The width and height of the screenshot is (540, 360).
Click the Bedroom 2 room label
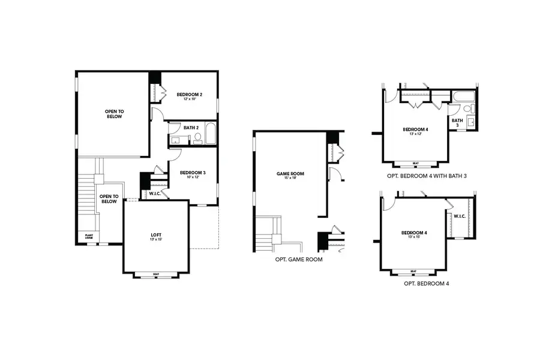(189, 94)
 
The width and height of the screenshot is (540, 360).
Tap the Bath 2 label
(191, 127)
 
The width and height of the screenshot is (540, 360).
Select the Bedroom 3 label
(193, 173)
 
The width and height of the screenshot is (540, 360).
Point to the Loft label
(155, 234)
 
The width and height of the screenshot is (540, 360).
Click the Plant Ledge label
(88, 237)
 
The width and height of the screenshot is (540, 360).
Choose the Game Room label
(290, 173)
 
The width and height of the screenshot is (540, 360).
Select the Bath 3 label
(457, 122)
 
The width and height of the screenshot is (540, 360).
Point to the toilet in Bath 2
(197, 137)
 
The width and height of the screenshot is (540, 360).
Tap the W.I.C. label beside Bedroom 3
(154, 193)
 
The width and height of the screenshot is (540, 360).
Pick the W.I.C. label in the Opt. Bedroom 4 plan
(460, 216)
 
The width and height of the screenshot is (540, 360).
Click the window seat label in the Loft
(155, 274)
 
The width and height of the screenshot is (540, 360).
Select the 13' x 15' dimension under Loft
(155, 239)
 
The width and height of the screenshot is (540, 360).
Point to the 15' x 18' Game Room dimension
(290, 178)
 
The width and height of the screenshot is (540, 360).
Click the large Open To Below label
(113, 113)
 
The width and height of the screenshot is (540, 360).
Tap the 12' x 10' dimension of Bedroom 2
(189, 99)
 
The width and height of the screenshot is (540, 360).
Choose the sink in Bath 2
(176, 140)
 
